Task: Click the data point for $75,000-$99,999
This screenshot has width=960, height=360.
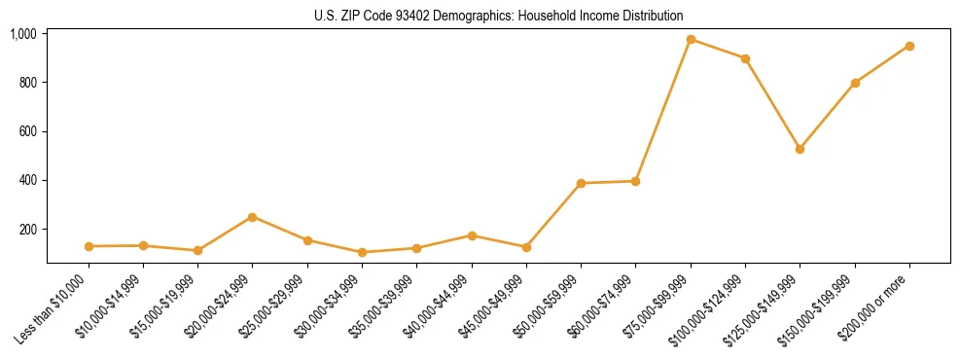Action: point(691,40)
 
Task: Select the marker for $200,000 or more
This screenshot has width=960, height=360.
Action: point(909,46)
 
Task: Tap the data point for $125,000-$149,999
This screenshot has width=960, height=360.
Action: point(800,149)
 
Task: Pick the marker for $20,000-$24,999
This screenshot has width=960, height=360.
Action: point(252,217)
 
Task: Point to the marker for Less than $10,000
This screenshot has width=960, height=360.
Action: point(89,246)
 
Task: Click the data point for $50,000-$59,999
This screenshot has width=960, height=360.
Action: point(581,183)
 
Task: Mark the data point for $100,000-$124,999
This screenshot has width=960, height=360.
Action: point(745,58)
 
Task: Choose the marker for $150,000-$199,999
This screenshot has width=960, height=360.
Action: point(855,83)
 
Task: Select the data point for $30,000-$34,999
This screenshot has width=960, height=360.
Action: point(362,252)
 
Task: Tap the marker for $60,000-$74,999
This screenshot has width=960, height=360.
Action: point(635,181)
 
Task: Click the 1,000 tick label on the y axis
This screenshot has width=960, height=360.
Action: point(23,34)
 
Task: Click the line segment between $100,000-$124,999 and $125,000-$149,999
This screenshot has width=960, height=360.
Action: point(772,104)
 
